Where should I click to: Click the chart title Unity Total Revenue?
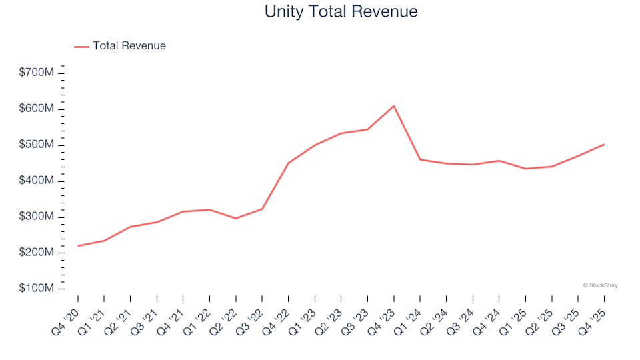pyautogui.click(x=341, y=11)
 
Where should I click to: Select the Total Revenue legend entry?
pyautogui.click(x=129, y=46)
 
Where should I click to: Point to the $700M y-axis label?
pyautogui.click(x=37, y=73)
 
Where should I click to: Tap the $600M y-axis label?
pyautogui.click(x=37, y=109)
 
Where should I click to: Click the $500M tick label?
pyautogui.click(x=37, y=145)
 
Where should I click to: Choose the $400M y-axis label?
pyautogui.click(x=37, y=181)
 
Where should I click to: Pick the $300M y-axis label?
pyautogui.click(x=37, y=217)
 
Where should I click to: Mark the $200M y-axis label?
pyautogui.click(x=37, y=253)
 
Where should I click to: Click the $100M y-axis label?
pyautogui.click(x=37, y=289)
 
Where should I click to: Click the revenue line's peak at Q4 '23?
pyautogui.click(x=394, y=106)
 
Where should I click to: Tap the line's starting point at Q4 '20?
pyautogui.click(x=78, y=246)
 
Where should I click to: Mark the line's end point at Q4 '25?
pyautogui.click(x=604, y=144)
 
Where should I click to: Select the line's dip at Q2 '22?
pyautogui.click(x=236, y=219)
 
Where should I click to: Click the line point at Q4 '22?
pyautogui.click(x=289, y=163)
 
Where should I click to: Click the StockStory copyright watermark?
pyautogui.click(x=600, y=285)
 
